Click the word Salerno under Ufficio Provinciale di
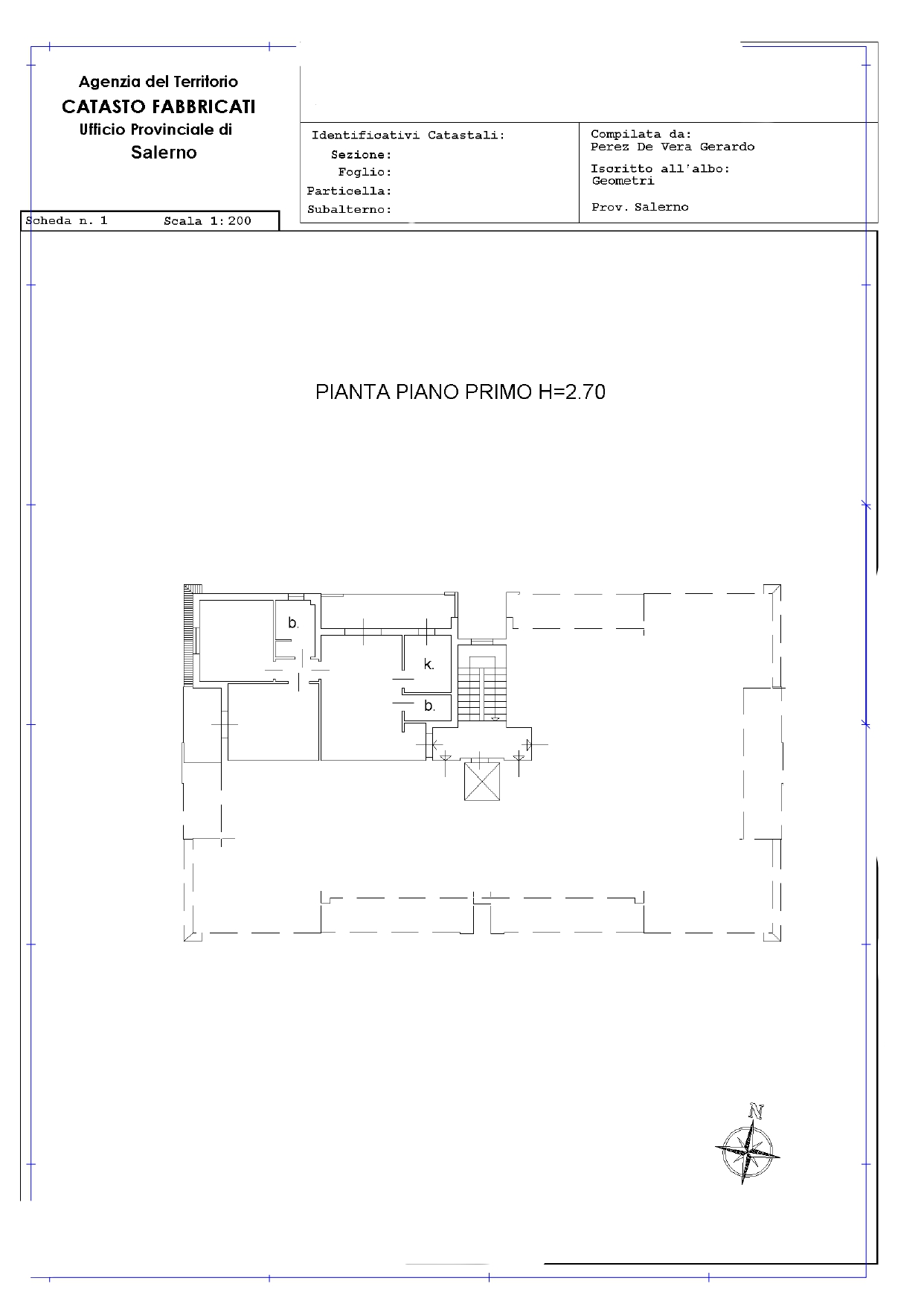pos(164,153)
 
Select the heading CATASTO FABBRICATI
pos(158,106)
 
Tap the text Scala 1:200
pos(208,221)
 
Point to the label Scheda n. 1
pos(67,221)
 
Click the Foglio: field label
pos(365,173)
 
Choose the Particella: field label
pos(349,191)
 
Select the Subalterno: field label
pos(350,210)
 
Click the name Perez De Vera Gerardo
pos(673,147)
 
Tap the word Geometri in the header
pos(623,181)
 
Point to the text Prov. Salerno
pos(640,207)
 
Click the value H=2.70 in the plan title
pos(572,392)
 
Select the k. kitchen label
pos(429,664)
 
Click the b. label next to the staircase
pos(429,706)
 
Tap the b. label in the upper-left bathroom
pos(294,623)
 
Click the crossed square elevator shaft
pos(482,782)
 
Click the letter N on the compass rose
pos(757,1113)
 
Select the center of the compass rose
pos(747,1151)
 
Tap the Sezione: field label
pos(362,155)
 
